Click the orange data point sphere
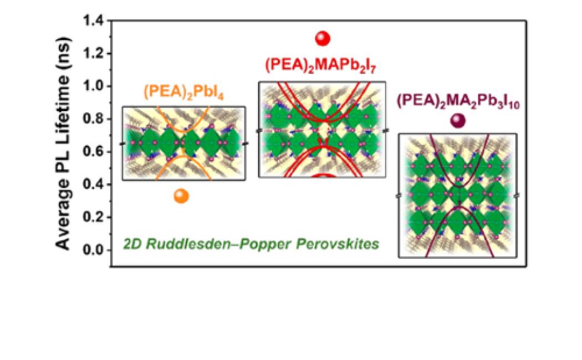[181, 196]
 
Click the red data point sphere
[323, 38]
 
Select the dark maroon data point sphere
[458, 121]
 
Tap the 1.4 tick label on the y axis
[94, 21]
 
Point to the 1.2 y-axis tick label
[94, 54]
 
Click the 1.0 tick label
[94, 86]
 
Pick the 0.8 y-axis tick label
[94, 119]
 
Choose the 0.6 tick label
[94, 152]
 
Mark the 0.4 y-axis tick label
[94, 184]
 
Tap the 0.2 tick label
[94, 217]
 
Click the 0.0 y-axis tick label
[94, 250]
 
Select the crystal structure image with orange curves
[183, 143]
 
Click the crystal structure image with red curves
[322, 130]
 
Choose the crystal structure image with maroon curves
[458, 196]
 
